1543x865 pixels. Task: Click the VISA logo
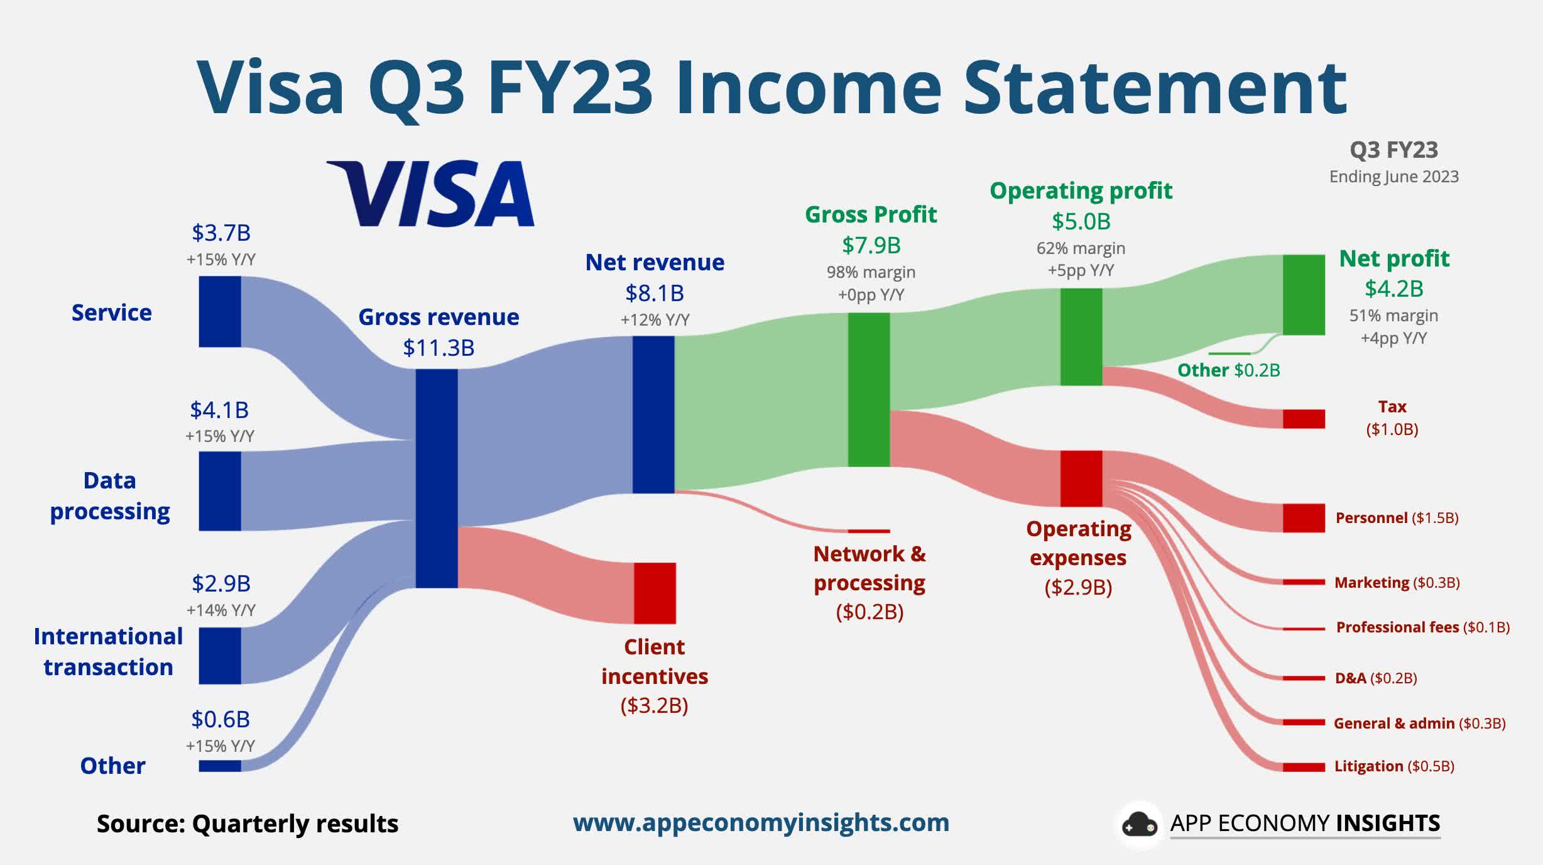pos(431,193)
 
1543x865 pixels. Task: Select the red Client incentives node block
pos(655,593)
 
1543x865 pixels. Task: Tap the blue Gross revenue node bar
pos(437,478)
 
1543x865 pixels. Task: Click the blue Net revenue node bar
pos(653,414)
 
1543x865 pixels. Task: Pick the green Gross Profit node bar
pos(869,390)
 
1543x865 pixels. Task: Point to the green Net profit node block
pos(1304,294)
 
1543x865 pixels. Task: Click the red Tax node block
pos(1304,419)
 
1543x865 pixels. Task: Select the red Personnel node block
pos(1304,517)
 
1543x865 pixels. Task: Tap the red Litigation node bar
pos(1304,767)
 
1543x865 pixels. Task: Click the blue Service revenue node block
pos(220,311)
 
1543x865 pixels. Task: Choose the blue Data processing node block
pos(220,491)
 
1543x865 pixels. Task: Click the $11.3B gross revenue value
pos(439,348)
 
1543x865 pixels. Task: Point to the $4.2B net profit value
pos(1393,289)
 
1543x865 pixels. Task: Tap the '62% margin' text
pos(1081,248)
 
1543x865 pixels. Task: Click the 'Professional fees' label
pos(1397,627)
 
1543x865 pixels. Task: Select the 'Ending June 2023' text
pos(1393,177)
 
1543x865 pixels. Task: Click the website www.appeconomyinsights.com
pos(761,822)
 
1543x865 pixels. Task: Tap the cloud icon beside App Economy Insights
pos(1139,825)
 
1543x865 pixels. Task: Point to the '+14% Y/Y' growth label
pos(221,610)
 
